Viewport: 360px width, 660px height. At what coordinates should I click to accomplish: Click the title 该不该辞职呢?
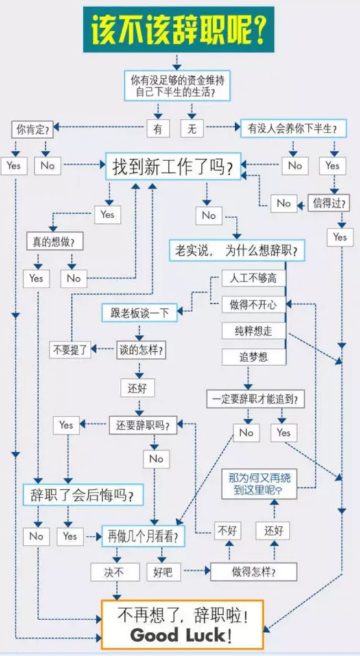point(178,29)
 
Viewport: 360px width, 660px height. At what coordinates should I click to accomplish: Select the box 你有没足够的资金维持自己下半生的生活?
point(177,86)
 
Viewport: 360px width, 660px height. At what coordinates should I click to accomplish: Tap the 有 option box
point(158,128)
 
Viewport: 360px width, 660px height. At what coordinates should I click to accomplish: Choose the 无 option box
point(192,128)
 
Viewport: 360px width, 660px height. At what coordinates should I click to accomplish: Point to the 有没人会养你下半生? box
point(293,128)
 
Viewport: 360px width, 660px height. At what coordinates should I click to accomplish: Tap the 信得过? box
point(329,204)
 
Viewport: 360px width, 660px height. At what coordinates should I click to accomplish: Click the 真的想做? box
point(55,241)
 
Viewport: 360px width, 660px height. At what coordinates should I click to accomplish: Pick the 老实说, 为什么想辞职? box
point(237,250)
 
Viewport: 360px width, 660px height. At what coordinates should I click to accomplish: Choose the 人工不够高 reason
point(253,278)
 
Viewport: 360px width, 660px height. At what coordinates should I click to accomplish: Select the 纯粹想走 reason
point(253,331)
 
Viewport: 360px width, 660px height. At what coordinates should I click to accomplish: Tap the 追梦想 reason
point(253,357)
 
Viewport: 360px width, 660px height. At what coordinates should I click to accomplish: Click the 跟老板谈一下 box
point(139,313)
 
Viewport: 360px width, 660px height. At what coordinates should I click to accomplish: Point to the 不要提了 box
point(70,350)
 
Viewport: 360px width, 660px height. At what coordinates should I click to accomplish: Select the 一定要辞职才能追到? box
point(255,399)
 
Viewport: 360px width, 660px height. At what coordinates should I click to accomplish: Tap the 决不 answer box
point(114,572)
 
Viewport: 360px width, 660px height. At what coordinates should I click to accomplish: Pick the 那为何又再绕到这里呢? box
point(260,483)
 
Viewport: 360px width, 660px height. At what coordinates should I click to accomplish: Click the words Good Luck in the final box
point(177,635)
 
